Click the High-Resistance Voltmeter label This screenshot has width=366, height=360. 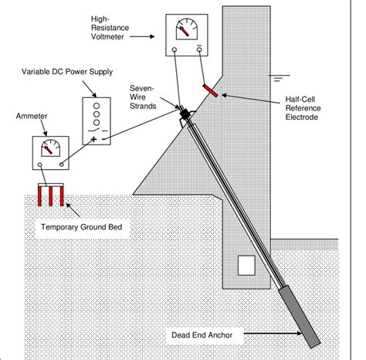click(110, 28)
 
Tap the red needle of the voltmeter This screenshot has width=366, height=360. click(184, 31)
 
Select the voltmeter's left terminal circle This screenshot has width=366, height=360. click(175, 49)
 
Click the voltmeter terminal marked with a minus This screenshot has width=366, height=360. click(199, 49)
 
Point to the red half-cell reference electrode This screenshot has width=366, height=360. click(210, 90)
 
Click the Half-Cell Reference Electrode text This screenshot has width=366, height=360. click(303, 108)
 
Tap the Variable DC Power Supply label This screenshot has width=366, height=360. click(67, 72)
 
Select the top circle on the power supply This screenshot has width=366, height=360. click(97, 106)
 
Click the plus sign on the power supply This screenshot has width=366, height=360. click(93, 139)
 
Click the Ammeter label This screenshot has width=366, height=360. click(32, 116)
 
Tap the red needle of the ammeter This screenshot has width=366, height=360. click(48, 150)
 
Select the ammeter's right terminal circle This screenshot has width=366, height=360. click(62, 165)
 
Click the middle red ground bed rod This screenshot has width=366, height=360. click(51, 196)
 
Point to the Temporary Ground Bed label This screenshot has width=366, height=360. click(82, 227)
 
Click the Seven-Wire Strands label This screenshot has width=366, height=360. click(143, 97)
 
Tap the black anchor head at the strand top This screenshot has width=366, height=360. click(185, 114)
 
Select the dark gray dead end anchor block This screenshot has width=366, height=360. click(300, 317)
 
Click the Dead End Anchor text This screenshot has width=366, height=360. click(202, 335)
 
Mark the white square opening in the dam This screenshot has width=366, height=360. click(246, 265)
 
